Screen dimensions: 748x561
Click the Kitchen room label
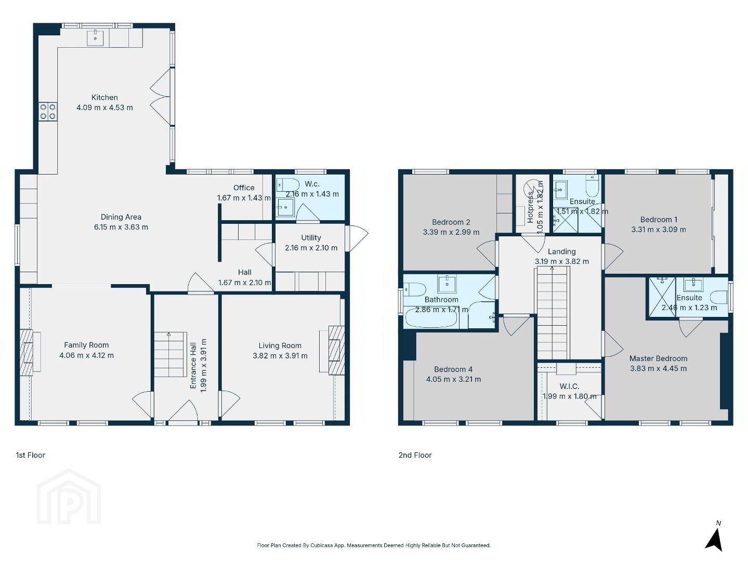pos(104,97)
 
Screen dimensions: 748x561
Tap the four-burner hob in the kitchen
pos(48,112)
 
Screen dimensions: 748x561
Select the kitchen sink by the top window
pos(95,38)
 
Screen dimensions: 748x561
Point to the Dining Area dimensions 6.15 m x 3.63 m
pos(121,227)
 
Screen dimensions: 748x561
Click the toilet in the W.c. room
pos(287,185)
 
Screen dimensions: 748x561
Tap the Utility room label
pos(311,237)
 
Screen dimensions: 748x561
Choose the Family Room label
pos(87,345)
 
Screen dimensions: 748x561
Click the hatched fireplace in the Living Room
pos(336,350)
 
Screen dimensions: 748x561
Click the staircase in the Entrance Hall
pos(170,354)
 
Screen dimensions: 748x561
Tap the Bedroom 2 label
pos(451,222)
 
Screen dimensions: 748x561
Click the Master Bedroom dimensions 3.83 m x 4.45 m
pos(658,368)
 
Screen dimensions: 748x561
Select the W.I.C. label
pos(569,386)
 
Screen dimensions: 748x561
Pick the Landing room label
pos(561,251)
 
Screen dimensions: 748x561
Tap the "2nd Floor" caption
pos(415,455)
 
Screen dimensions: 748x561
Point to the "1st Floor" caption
pos(30,455)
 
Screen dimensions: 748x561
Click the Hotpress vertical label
pos(530,207)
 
